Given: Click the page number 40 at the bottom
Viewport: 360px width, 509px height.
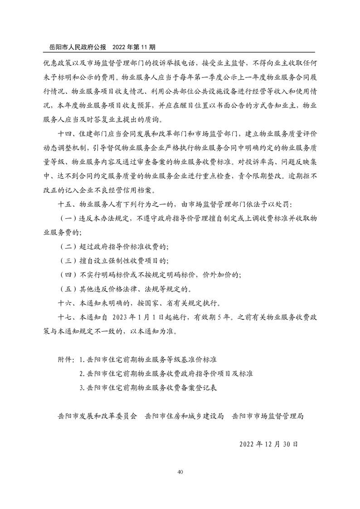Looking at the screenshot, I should (180, 472).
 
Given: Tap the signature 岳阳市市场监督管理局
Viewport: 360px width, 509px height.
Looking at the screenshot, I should (267, 416).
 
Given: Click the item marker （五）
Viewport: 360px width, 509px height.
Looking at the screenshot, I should (68, 289).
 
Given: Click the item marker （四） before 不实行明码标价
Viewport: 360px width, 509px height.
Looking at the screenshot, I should (68, 275).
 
